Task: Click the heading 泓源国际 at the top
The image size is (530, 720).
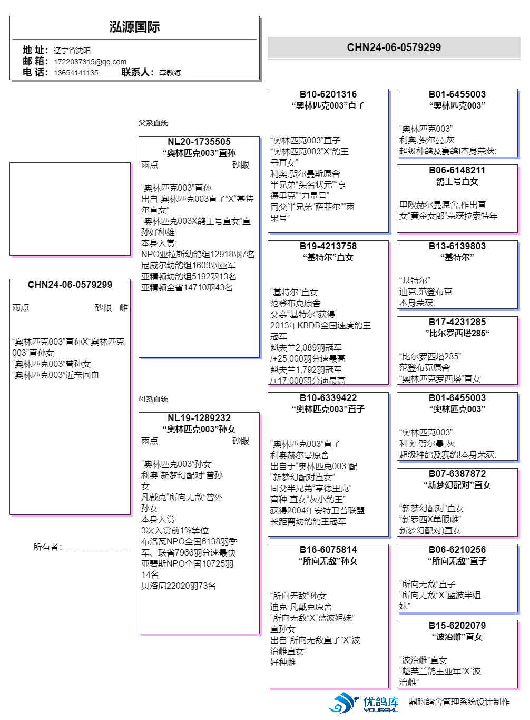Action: [x=134, y=27]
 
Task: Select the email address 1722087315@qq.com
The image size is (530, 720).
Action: [x=90, y=62]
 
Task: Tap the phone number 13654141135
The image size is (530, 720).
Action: [x=76, y=73]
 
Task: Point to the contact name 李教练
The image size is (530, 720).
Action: [x=170, y=73]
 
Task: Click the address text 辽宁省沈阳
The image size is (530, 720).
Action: [x=72, y=51]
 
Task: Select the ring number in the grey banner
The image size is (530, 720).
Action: [x=394, y=47]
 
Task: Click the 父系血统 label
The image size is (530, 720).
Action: [x=153, y=123]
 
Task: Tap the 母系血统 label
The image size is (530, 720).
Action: [x=153, y=399]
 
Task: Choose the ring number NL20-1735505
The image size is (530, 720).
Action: [x=199, y=142]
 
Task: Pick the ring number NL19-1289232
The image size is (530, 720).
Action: [x=199, y=418]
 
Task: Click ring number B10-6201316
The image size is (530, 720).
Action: [x=328, y=94]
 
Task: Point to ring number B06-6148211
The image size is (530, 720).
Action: [x=457, y=170]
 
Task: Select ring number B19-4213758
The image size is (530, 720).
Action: [x=328, y=246]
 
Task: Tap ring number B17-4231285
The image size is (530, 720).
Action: [x=457, y=322]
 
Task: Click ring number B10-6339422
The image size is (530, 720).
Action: [x=328, y=398]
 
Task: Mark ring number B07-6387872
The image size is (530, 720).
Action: [x=457, y=474]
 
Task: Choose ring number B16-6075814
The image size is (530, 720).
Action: [x=328, y=550]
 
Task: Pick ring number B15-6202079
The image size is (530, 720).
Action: [x=457, y=626]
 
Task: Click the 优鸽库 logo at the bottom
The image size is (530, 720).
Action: [x=364, y=703]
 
